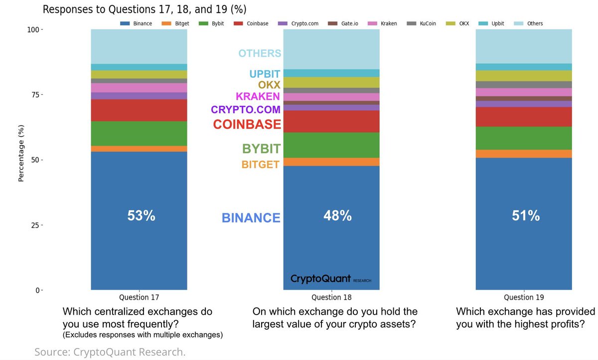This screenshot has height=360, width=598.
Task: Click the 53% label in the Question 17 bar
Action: [x=141, y=216]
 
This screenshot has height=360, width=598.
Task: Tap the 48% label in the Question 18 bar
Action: [x=337, y=216]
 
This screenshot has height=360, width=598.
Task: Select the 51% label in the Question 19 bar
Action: [x=526, y=216]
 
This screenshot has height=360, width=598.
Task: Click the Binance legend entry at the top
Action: [x=137, y=23]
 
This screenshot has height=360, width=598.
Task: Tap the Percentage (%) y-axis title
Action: [x=21, y=155]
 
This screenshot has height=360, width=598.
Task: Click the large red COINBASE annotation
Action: [x=247, y=124]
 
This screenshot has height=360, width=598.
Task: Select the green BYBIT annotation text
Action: [x=261, y=149]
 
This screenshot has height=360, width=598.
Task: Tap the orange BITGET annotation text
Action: [x=260, y=164]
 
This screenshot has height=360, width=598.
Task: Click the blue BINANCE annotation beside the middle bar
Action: [x=251, y=218]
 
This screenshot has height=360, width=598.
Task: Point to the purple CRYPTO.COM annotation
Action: [x=246, y=109]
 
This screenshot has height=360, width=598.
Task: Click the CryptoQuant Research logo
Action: [x=330, y=279]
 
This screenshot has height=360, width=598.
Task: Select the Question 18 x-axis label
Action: [x=331, y=297]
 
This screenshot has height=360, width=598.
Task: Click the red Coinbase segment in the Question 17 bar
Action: [x=139, y=110]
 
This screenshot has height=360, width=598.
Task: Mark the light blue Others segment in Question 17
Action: [x=139, y=46]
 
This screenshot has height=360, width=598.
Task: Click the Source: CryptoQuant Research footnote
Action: [x=110, y=352]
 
